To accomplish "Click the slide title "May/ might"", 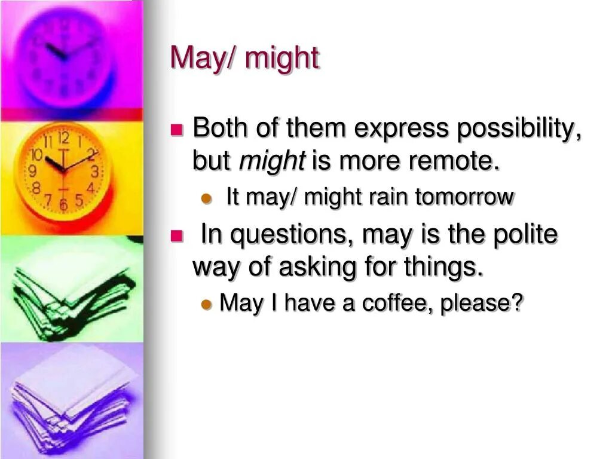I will tap(244, 59).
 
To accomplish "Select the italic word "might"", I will tap(272, 160).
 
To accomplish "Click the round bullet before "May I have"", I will tap(207, 304).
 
